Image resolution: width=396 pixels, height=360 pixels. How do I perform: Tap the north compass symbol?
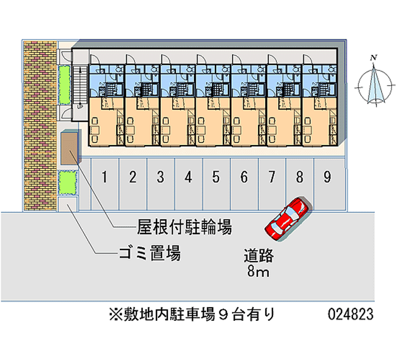pos(375,85)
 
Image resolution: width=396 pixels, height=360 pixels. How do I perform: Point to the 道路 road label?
pos(258,256)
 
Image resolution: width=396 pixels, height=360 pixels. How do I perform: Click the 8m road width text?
pos(258,271)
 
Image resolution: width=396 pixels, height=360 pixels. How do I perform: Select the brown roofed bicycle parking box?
pos(69,148)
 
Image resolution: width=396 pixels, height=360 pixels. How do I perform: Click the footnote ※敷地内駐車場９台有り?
pos(192,314)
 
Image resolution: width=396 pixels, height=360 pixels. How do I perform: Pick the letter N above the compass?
pos(375,58)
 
